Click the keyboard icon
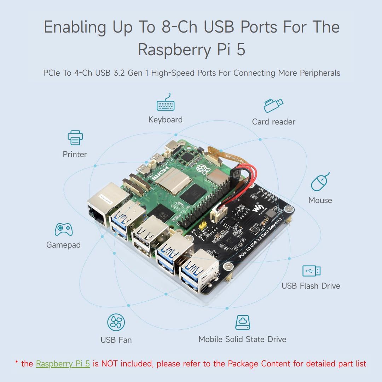[166, 103]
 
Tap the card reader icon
[273, 105]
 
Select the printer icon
[75, 138]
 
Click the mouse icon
[320, 182]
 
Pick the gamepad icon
[64, 229]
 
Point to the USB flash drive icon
[311, 271]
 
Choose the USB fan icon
[116, 322]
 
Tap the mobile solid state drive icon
[243, 323]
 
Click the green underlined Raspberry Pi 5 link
[63, 364]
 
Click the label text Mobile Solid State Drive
[242, 339]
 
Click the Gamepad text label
[63, 245]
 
